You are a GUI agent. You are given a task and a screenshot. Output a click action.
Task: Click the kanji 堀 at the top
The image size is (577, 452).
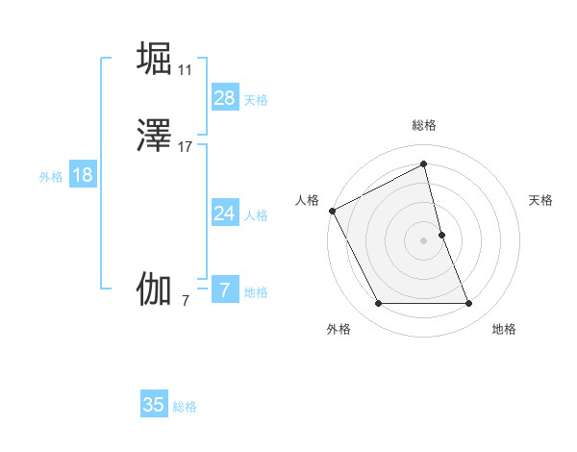point(154,58)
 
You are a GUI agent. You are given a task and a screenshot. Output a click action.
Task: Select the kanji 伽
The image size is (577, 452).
point(154,289)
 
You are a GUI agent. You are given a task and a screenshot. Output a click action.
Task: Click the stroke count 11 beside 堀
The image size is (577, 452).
point(186,70)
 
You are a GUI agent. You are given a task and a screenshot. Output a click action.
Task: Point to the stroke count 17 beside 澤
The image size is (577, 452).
point(186,147)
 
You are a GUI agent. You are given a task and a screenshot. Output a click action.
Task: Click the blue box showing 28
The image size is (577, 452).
point(224,98)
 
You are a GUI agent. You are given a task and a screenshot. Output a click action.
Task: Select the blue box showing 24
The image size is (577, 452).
point(224,213)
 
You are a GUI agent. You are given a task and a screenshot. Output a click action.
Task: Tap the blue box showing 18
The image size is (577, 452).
point(83,175)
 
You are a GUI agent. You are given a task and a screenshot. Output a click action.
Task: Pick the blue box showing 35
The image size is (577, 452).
point(154,405)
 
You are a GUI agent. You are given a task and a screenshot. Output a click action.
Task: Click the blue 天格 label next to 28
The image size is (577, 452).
point(256,100)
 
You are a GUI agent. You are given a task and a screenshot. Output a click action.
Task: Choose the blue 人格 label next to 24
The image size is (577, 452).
point(256,215)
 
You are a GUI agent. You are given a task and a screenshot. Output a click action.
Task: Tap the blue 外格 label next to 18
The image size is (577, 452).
point(51,177)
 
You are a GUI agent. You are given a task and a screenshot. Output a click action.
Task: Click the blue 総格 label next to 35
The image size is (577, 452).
point(185,407)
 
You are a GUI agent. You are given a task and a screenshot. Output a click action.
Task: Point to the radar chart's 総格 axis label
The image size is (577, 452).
point(424,125)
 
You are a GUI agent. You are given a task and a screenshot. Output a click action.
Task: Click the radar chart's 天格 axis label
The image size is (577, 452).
point(540,200)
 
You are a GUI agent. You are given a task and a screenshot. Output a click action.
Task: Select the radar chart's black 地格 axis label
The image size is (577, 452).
point(504,329)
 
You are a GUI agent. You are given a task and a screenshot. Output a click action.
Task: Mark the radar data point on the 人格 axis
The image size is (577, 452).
point(332,210)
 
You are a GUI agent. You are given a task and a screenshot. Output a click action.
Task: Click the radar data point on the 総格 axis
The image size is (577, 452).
point(424,164)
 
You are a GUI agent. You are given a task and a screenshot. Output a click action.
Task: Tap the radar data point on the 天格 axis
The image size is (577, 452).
point(441,234)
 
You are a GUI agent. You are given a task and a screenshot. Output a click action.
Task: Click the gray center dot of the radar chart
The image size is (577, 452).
point(424,239)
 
